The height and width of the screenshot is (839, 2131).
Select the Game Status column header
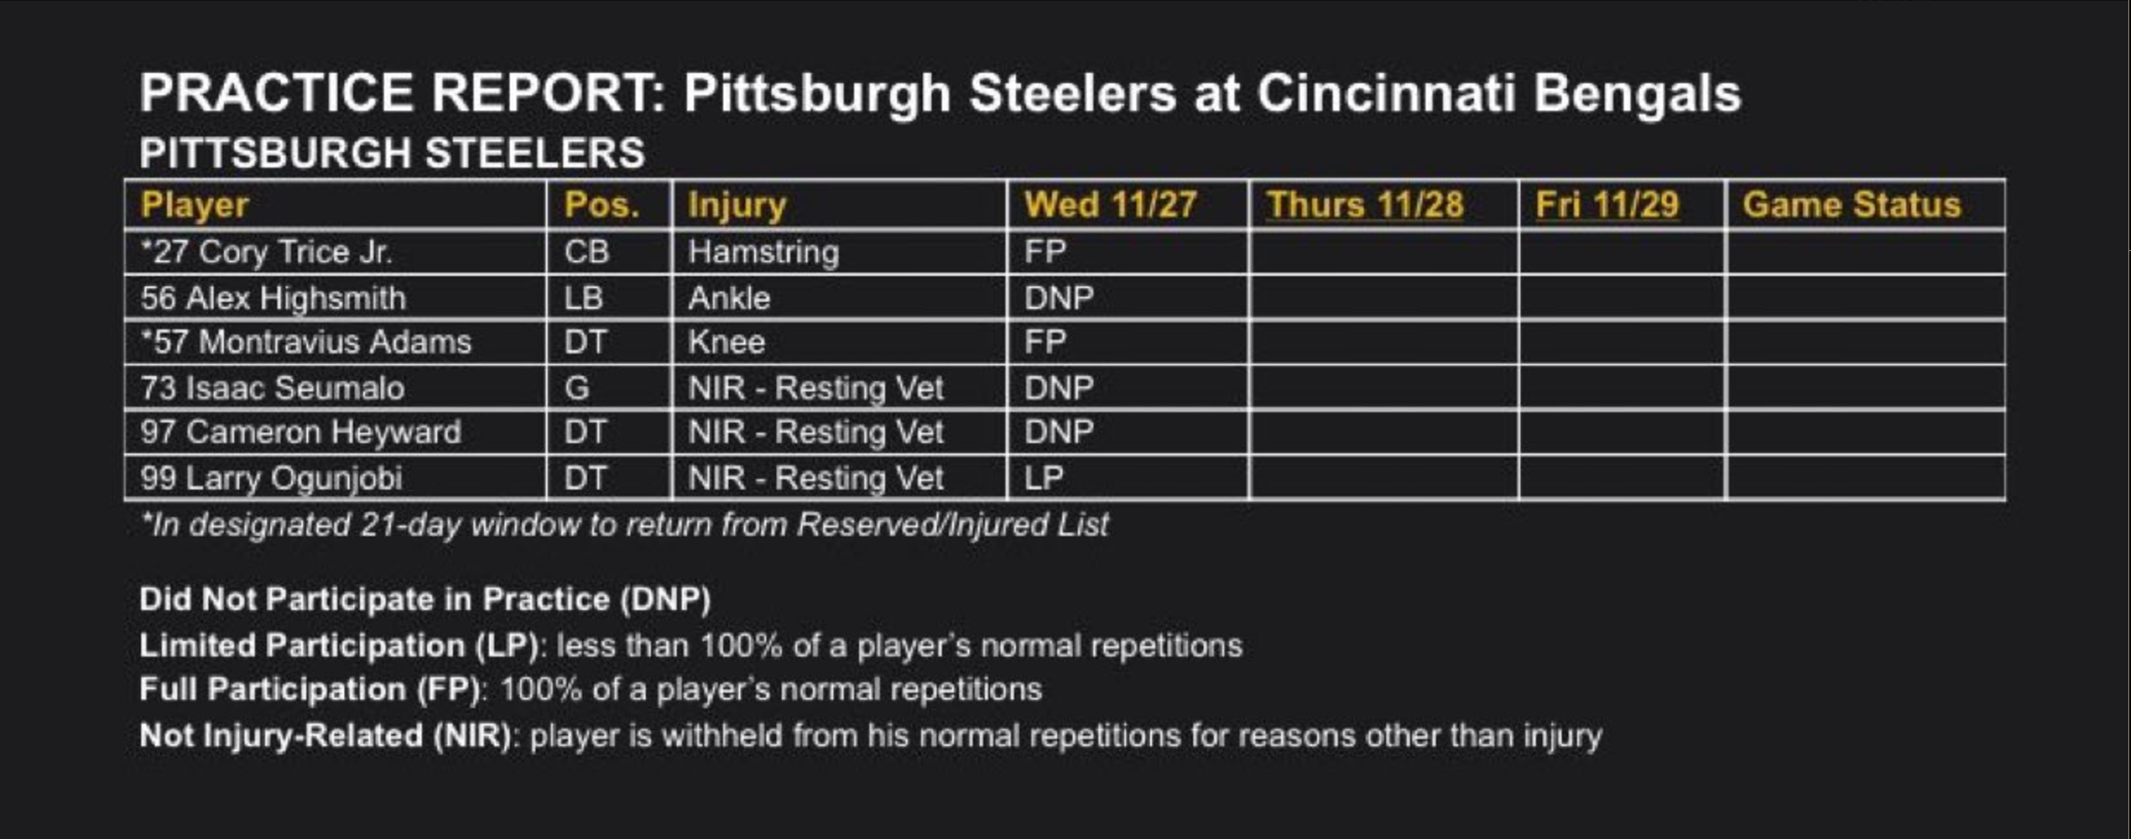[x=1851, y=205]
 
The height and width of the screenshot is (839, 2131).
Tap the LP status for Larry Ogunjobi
[x=1043, y=477]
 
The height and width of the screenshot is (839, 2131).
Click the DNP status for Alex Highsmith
[x=1059, y=298]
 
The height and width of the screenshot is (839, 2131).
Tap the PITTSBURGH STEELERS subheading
[x=392, y=153]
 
